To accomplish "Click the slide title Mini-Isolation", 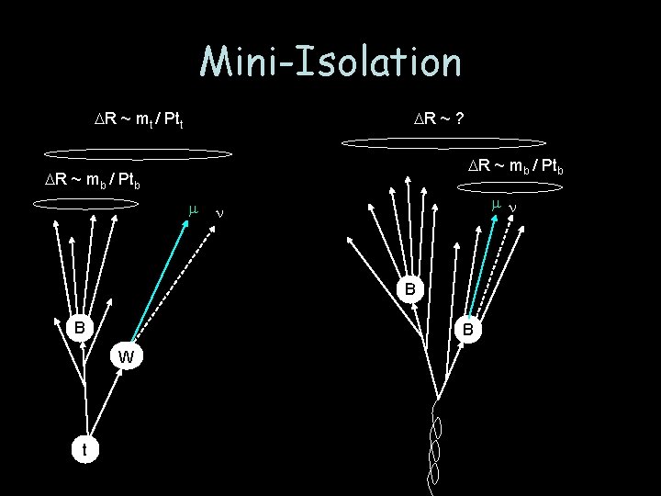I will click(330, 62).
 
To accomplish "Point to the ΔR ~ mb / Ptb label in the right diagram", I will click(515, 166).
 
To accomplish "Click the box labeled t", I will click(84, 449).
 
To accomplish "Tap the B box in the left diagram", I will click(81, 326).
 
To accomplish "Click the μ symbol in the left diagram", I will click(193, 210).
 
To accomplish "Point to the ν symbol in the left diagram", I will click(218, 213).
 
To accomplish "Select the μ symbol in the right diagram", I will click(495, 203).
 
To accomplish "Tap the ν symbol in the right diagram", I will click(512, 208).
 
